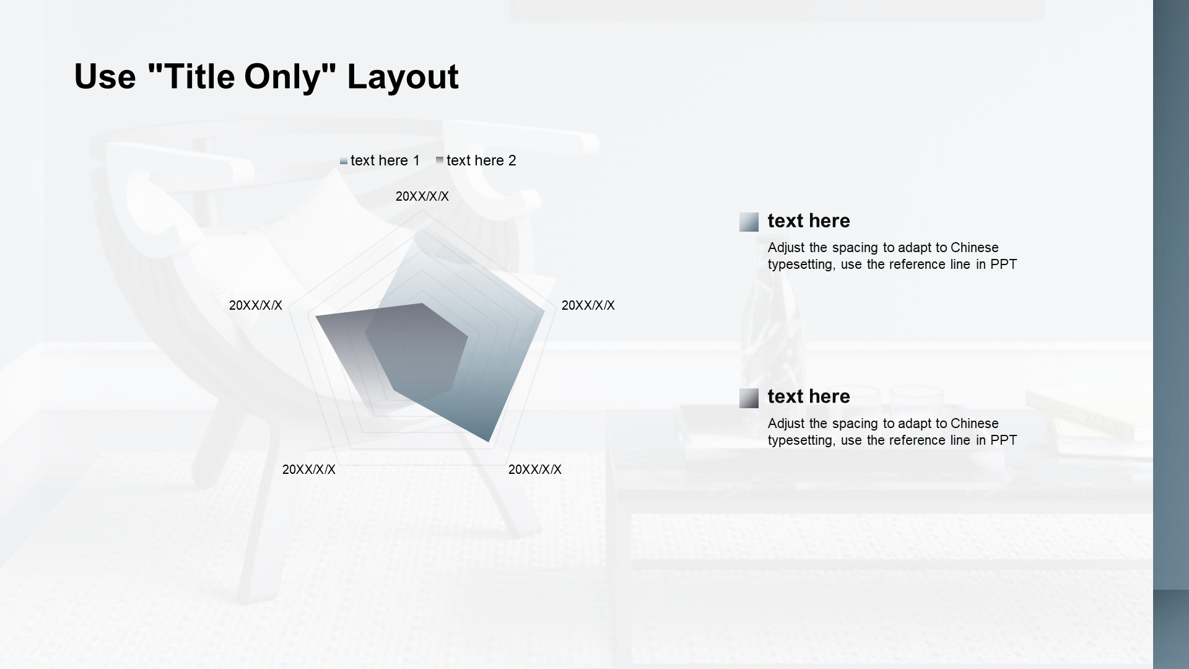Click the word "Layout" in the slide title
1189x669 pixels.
click(x=403, y=77)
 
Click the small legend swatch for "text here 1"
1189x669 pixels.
click(x=344, y=161)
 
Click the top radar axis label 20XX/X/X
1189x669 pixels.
click(x=422, y=196)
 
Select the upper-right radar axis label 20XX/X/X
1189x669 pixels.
click(x=588, y=305)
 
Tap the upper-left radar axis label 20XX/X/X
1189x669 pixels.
click(x=256, y=305)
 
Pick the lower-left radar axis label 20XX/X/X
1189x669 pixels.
click(x=309, y=470)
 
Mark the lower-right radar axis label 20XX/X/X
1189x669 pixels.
click(x=535, y=470)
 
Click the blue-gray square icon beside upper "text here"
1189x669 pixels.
click(x=749, y=222)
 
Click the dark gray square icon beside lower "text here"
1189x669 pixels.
click(x=749, y=398)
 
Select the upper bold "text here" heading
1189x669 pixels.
click(x=809, y=221)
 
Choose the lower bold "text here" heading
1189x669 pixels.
click(x=809, y=396)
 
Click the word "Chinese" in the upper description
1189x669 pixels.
click(x=975, y=248)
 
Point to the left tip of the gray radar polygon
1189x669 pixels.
click(x=316, y=317)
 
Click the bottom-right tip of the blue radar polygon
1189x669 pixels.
click(x=489, y=442)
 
